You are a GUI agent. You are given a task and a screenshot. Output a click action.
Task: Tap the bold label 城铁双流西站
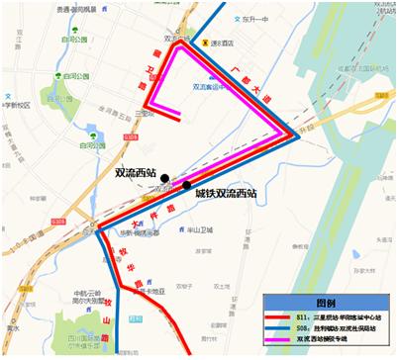coord(226,194)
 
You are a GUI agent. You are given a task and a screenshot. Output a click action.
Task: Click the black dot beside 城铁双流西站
coord(186,185)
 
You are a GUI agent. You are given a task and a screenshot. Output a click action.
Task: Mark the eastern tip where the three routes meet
coord(296,135)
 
